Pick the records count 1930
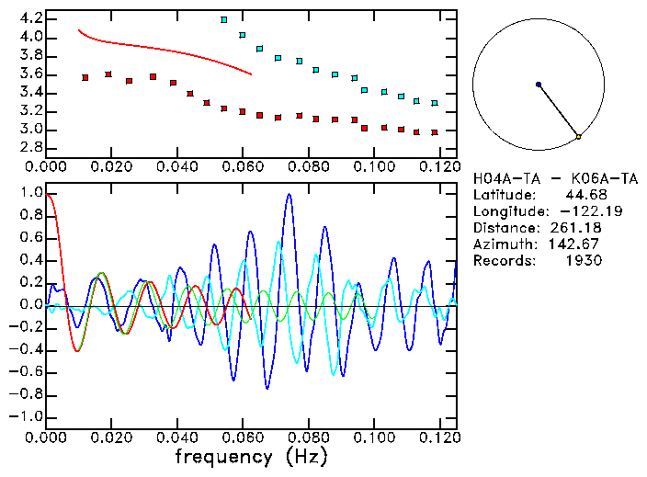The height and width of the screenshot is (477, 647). click(x=583, y=260)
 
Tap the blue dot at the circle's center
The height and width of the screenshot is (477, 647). click(x=539, y=85)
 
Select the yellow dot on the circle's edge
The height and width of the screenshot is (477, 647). click(x=578, y=137)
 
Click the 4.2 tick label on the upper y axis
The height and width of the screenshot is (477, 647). click(x=29, y=18)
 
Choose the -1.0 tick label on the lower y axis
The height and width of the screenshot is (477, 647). click(x=26, y=416)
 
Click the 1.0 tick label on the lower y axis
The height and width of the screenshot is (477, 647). click(x=29, y=193)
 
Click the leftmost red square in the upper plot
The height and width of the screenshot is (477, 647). click(x=85, y=78)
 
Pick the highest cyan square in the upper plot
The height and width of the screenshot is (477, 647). click(x=224, y=19)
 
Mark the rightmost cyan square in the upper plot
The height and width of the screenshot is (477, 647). click(x=435, y=103)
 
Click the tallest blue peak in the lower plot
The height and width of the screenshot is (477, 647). click(x=289, y=195)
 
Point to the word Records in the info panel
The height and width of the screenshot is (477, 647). click(x=503, y=260)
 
